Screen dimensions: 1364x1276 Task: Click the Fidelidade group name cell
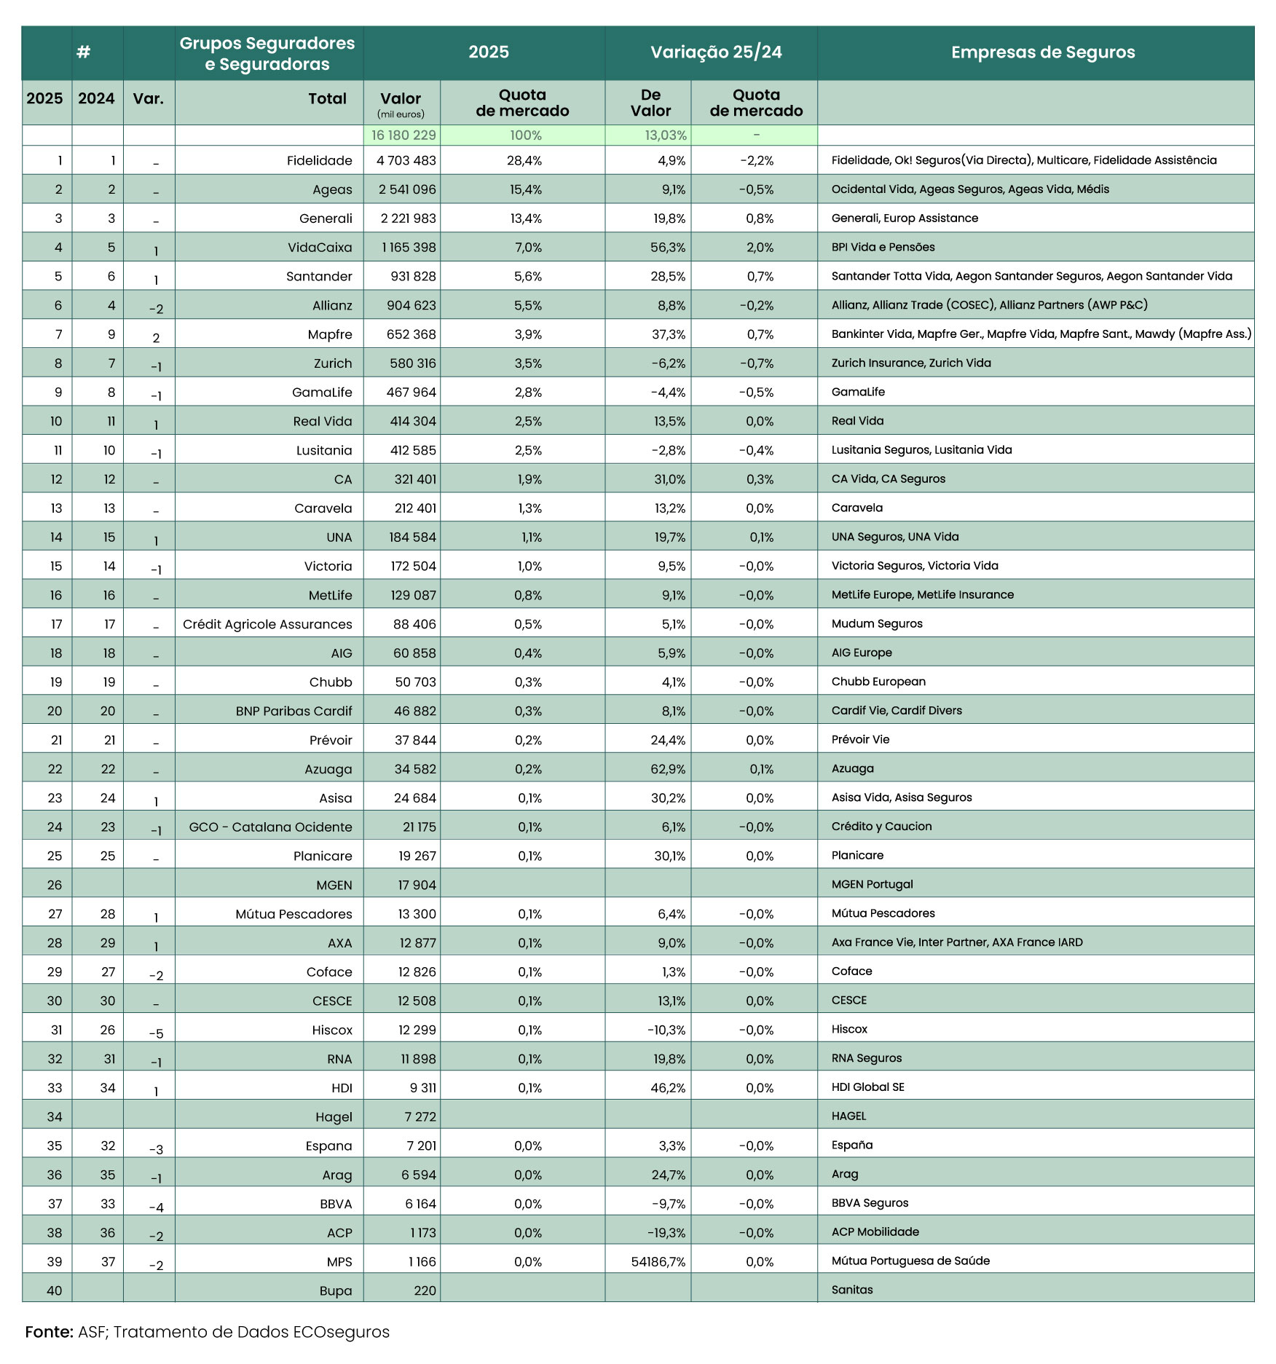319,160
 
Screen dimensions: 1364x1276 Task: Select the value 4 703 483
406,160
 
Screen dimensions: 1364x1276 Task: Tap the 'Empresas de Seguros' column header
1042,52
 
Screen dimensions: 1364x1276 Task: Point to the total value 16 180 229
403,135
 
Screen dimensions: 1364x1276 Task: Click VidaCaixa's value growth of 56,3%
668,248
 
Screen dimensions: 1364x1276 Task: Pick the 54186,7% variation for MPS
658,1262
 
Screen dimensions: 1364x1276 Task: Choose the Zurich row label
332,363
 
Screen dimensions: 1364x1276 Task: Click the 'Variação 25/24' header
716,52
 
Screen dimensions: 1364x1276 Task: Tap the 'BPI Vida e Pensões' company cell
883,248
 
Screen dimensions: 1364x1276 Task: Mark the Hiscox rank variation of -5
156,1033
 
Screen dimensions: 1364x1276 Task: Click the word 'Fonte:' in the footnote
49,1332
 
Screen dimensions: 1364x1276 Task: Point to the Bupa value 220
425,1291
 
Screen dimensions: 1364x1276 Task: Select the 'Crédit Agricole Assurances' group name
267,624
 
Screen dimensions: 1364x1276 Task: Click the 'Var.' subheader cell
148,99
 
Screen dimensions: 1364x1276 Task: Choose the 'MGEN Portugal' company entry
872,885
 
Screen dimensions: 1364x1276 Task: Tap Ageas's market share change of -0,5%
756,189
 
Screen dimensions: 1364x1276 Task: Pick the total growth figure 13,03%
666,135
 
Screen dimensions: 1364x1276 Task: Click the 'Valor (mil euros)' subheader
401,103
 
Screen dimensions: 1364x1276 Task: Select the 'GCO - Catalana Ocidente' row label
270,827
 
